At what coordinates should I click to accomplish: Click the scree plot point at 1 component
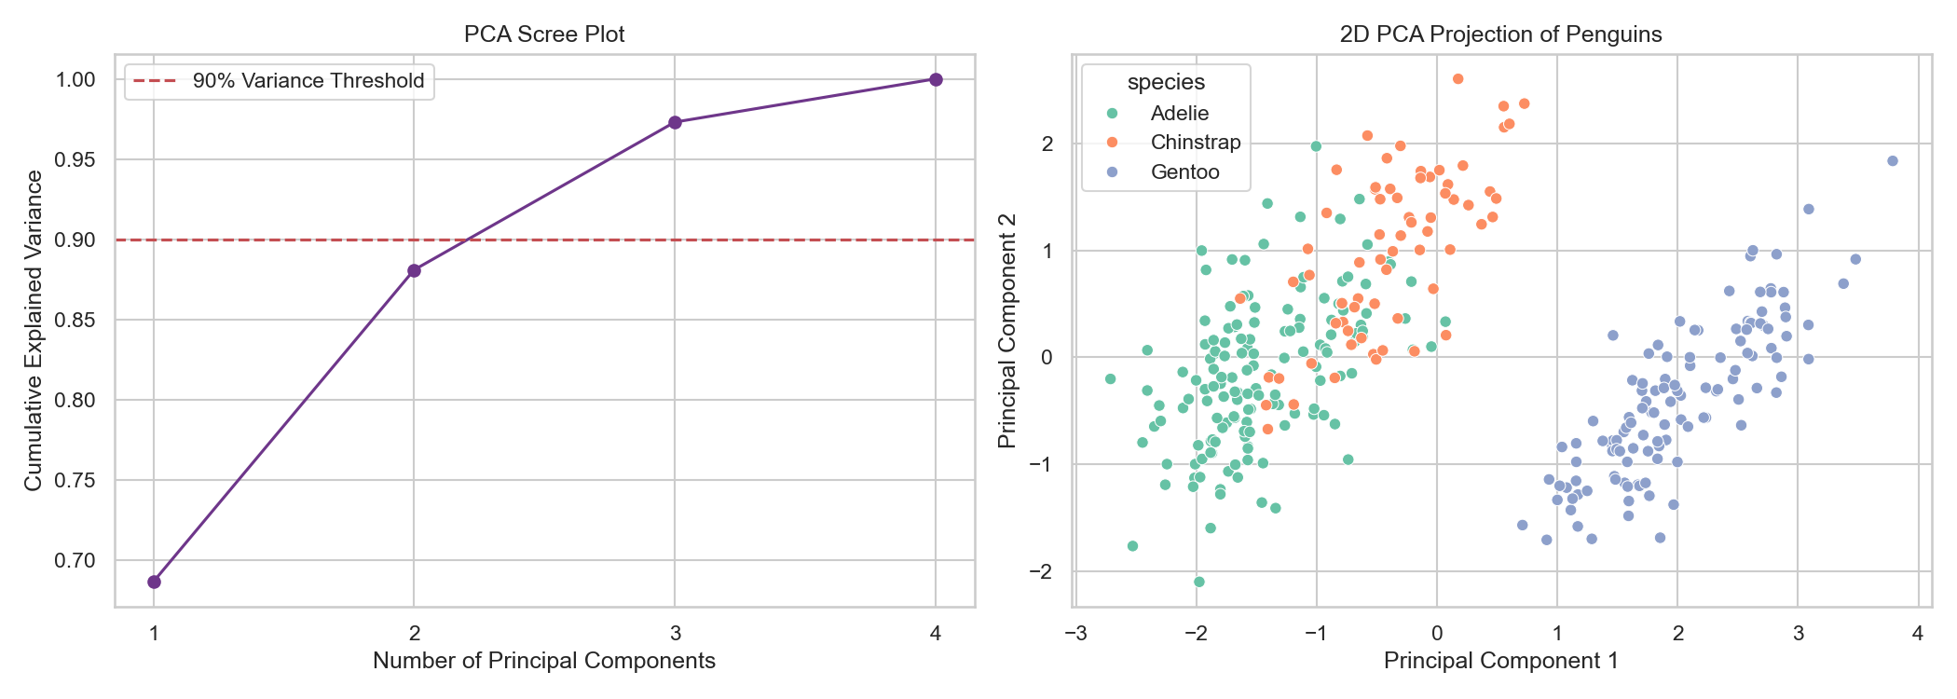(x=155, y=582)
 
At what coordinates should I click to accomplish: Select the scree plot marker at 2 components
(x=415, y=270)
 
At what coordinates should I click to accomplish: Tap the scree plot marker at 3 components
(x=676, y=122)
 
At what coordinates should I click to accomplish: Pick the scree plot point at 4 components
(x=936, y=79)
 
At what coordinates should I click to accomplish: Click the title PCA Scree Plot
(x=544, y=34)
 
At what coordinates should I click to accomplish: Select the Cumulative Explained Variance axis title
(x=34, y=331)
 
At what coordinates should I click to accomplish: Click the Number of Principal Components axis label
(x=544, y=661)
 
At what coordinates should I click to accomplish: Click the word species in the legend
(x=1166, y=82)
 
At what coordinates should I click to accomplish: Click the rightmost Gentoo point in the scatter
(x=1893, y=160)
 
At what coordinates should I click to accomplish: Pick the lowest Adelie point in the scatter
(x=1199, y=582)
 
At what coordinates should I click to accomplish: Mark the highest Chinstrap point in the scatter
(x=1458, y=79)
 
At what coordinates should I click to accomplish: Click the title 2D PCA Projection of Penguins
(x=1500, y=34)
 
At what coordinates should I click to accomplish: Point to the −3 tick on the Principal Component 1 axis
(x=1075, y=634)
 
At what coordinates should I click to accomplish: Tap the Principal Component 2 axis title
(x=1007, y=331)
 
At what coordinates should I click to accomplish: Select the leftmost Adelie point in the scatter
(x=1110, y=378)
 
